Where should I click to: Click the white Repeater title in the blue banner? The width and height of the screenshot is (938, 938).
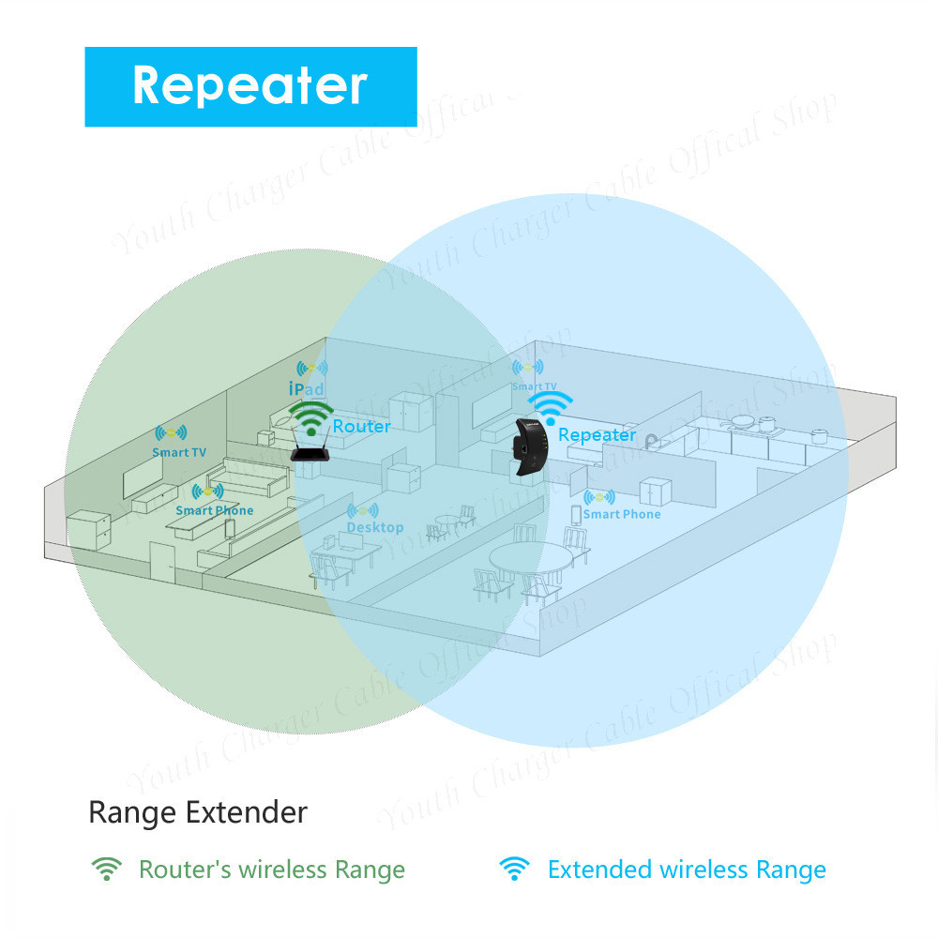250,85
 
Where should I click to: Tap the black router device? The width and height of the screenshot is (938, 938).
311,453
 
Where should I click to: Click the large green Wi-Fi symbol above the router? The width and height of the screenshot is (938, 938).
310,416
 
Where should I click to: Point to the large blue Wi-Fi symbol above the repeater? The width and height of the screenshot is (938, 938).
550,406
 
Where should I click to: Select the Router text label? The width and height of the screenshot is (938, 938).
361,426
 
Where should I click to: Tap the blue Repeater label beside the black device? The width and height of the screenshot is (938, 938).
597,434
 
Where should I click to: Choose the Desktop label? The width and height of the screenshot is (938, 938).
374,527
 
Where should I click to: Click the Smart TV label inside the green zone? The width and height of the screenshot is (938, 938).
178,452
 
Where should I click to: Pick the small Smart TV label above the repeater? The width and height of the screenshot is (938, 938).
534,386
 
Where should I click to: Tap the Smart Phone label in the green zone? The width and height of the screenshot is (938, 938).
214,510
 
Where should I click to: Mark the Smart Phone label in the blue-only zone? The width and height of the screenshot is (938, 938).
621,514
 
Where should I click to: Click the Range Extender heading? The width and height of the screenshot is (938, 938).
197,811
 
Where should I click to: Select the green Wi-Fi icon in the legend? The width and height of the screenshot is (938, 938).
106,869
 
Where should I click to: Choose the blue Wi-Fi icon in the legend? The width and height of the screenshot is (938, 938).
513,869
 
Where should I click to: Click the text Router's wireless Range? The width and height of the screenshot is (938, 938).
272,870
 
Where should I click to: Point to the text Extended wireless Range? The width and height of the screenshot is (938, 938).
687,870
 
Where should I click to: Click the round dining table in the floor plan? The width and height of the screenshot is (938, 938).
531,561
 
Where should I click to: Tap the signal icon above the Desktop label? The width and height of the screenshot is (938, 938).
362,511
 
